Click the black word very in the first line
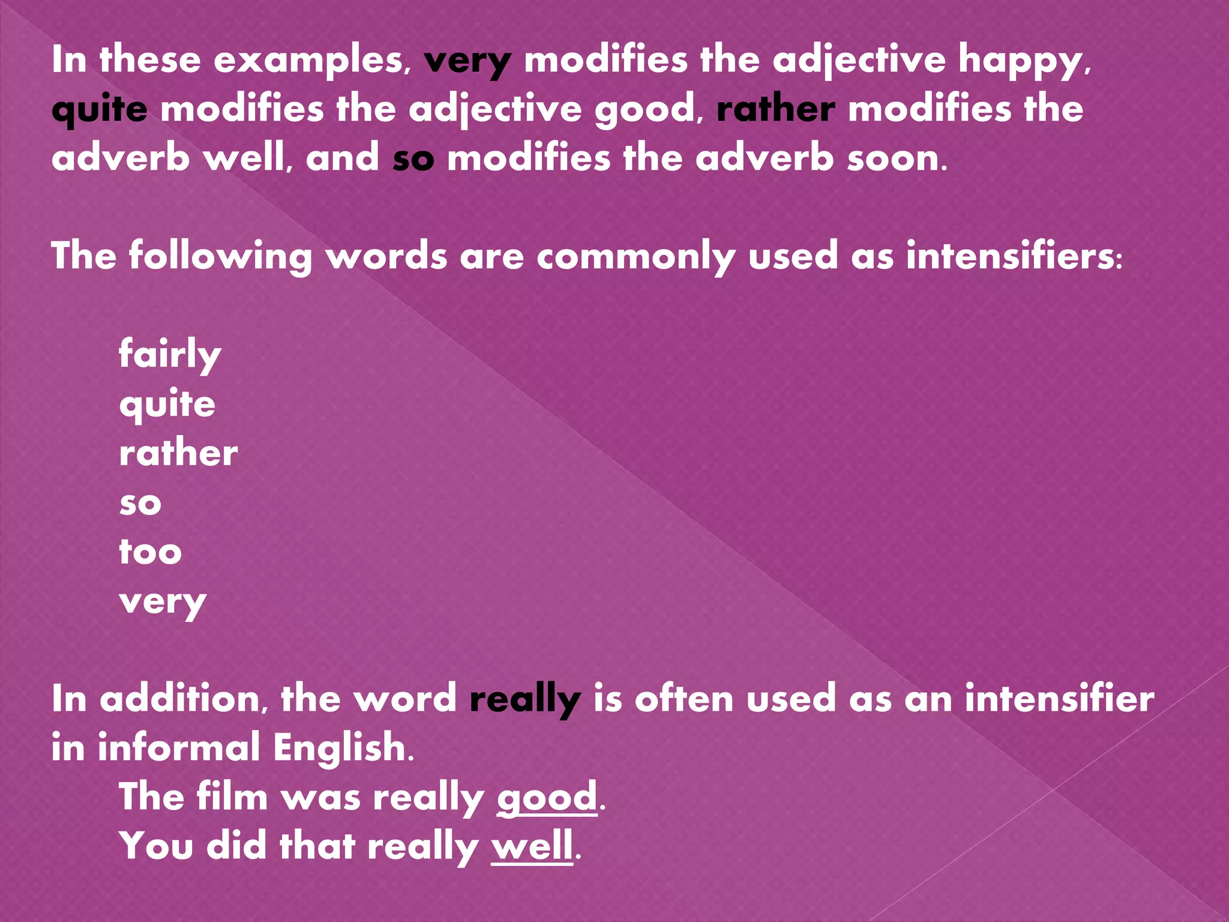[467, 61]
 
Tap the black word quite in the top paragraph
[99, 110]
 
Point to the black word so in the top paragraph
[413, 159]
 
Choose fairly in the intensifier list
[170, 354]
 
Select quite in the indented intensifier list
[167, 405]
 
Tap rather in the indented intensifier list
[178, 453]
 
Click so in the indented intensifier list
[140, 503]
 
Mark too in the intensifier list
[150, 552]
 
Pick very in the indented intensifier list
[163, 601]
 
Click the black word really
[525, 700]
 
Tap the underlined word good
[547, 798]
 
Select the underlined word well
[532, 847]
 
